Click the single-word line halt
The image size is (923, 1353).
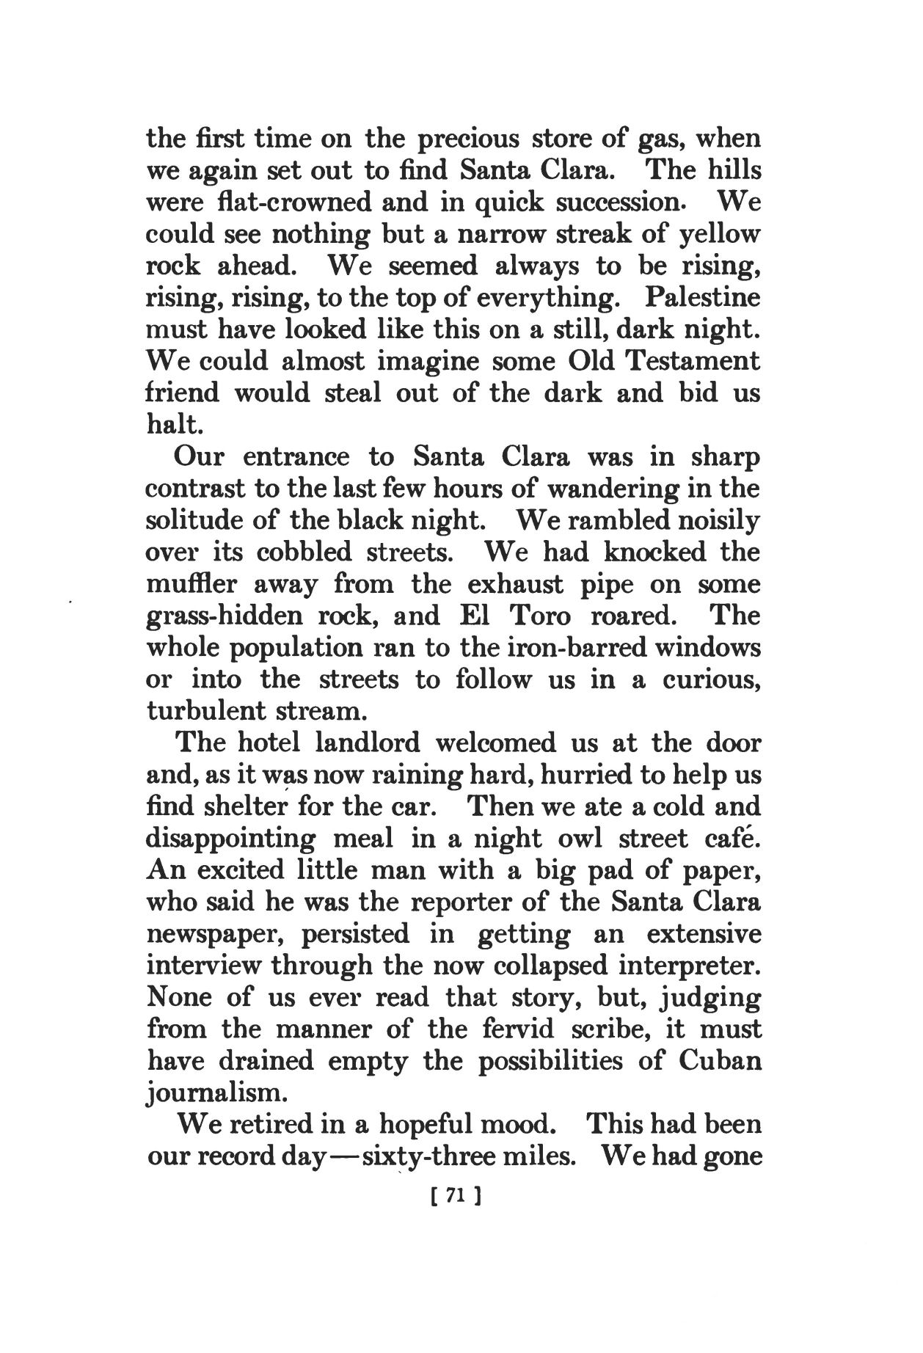coord(170,426)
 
